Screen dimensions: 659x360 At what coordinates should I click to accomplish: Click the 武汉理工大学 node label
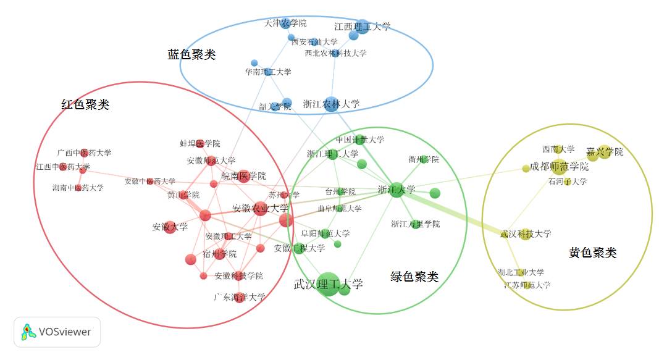point(328,285)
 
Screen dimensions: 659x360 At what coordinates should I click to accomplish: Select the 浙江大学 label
point(396,190)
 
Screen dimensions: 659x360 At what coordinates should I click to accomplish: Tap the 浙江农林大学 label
point(331,104)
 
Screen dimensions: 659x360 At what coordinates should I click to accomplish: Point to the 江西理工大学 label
point(362,27)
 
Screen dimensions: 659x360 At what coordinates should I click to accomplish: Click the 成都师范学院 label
point(559,167)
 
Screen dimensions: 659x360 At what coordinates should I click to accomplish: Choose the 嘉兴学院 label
point(605,152)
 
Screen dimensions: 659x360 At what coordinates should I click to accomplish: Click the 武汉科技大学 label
point(525,234)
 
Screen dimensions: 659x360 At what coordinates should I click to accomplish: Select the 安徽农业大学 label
point(260,208)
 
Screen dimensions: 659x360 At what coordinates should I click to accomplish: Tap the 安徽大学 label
point(170,227)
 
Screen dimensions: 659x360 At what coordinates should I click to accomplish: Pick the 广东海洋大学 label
point(239,297)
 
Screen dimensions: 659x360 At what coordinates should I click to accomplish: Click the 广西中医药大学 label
point(84,153)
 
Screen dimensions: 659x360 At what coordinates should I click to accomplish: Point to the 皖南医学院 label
point(243,176)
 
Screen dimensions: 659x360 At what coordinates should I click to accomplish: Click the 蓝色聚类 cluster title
point(191,54)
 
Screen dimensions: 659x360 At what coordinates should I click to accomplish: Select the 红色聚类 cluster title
point(85,105)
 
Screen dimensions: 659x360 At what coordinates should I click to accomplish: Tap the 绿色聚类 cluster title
point(414,277)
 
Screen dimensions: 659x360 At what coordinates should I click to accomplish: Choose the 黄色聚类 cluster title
point(592,253)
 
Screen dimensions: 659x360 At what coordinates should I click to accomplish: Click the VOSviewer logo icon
point(28,332)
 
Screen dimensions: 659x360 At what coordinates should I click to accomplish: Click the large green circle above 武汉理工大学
point(328,283)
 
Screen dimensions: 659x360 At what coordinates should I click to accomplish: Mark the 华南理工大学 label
point(267,72)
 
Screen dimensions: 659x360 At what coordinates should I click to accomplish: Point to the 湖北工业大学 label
point(521,272)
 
